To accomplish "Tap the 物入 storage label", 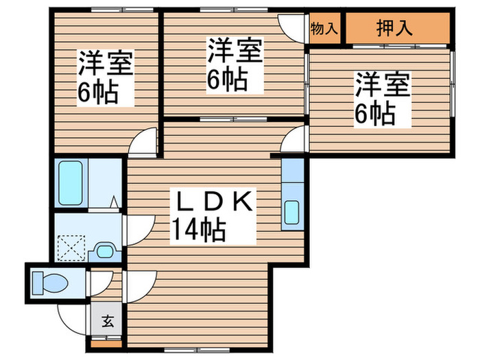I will pyautogui.click(x=324, y=29).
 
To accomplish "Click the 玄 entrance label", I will pyautogui.click(x=108, y=320).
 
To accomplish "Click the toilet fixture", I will pyautogui.click(x=49, y=282).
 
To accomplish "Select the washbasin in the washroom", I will pyautogui.click(x=105, y=251).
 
